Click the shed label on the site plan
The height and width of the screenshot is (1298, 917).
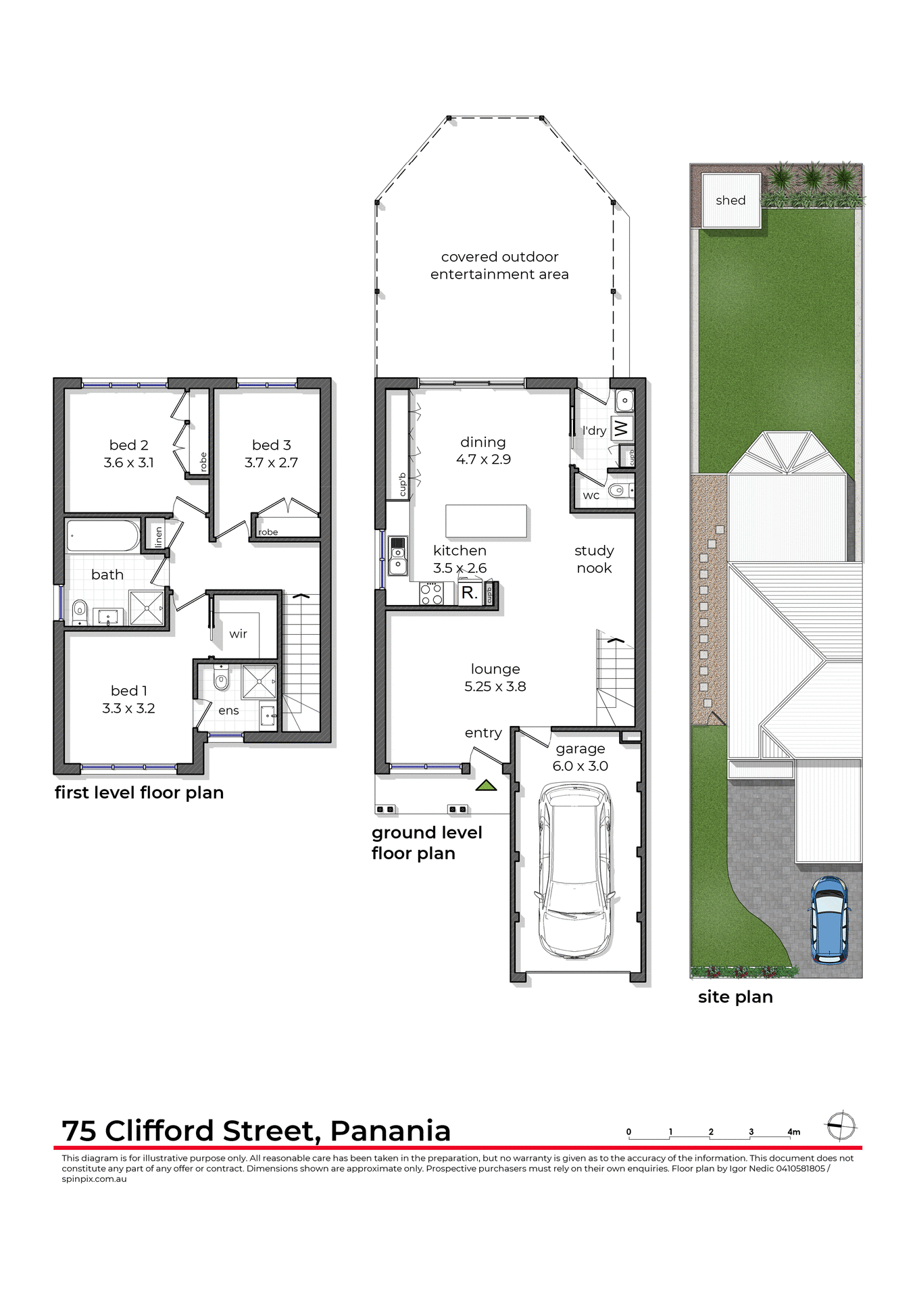(730, 201)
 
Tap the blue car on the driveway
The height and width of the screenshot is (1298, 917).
(828, 919)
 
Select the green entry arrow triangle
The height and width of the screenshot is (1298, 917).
(486, 786)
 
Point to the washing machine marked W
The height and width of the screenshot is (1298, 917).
(621, 429)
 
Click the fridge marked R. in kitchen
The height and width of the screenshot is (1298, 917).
(470, 594)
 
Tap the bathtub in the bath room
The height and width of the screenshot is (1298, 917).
(103, 536)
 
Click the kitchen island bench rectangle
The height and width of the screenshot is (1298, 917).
(486, 521)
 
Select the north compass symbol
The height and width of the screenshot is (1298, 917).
(841, 1126)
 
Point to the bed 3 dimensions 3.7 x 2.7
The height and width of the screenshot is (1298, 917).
(271, 463)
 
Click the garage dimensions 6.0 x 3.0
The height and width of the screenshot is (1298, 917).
(580, 766)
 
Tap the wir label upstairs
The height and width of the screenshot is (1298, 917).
(238, 634)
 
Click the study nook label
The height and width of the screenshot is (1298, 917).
(594, 559)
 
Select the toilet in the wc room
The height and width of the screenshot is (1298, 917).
(617, 490)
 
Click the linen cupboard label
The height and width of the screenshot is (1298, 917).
(158, 537)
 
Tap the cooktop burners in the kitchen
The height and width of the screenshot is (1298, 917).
(431, 594)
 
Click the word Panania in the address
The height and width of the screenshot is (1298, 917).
(390, 1131)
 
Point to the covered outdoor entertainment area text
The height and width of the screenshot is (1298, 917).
(499, 266)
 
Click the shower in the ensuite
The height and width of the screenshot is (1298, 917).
(259, 681)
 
